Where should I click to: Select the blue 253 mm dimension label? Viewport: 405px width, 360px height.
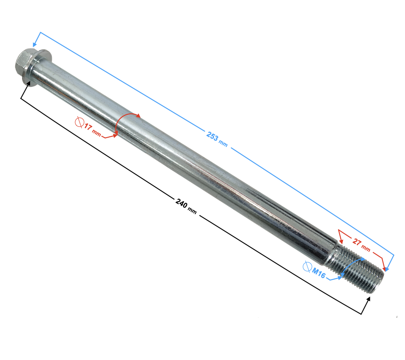tap(217, 139)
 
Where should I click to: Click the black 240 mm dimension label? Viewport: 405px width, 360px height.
tap(186, 206)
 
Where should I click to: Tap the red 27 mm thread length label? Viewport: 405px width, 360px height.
tap(361, 245)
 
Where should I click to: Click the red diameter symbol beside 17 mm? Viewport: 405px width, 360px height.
tap(79, 122)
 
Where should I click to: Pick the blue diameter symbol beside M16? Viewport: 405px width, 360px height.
tap(307, 266)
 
